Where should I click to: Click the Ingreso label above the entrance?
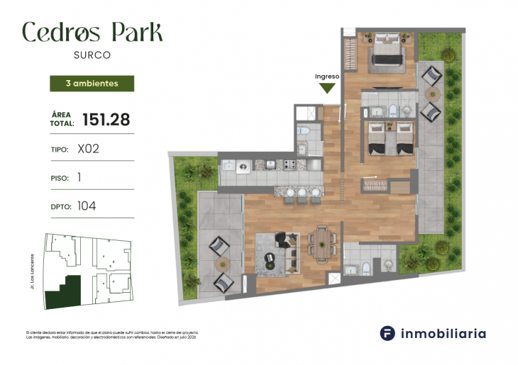tap(327, 76)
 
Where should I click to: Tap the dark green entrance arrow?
tap(327, 88)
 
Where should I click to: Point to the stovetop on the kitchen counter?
tap(291, 165)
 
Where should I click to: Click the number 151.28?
tap(106, 120)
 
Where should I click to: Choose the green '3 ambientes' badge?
tap(92, 83)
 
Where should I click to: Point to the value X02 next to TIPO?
tap(88, 150)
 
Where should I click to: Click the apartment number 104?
tap(87, 206)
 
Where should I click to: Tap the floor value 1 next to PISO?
tap(79, 178)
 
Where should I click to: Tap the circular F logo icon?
tap(387, 333)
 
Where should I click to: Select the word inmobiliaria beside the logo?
tap(444, 333)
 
